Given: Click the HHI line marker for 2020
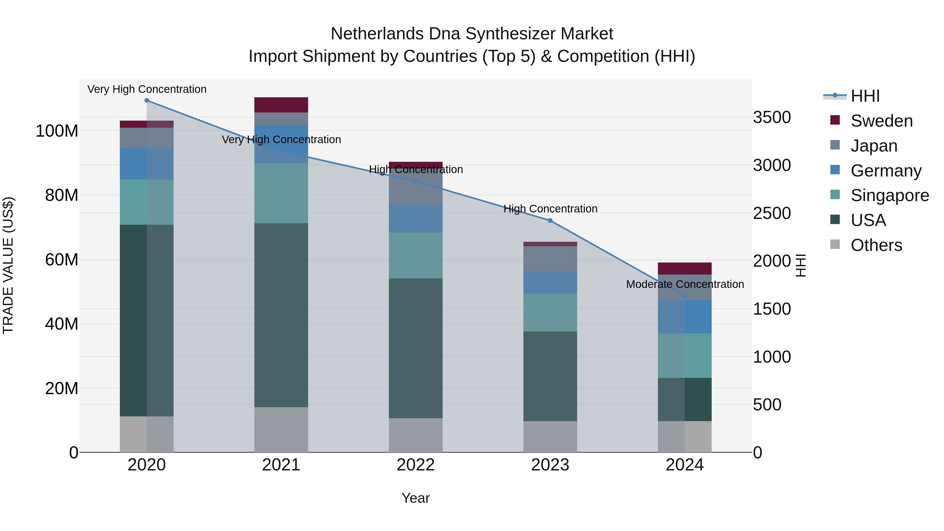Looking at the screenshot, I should click(147, 100).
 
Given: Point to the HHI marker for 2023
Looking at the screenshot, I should click(550, 221).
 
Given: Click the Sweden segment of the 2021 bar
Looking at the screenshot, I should click(281, 105).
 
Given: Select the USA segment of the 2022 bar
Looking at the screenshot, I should click(416, 348).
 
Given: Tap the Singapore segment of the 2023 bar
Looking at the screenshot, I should click(550, 312).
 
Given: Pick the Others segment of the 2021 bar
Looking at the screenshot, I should click(281, 430).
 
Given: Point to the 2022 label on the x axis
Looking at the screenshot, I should click(416, 465).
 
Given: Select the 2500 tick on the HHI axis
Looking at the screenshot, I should click(772, 213).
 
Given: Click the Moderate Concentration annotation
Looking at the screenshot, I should click(685, 284).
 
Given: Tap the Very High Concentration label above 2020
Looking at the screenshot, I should click(147, 89).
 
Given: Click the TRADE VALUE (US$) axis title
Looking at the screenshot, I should click(8, 265).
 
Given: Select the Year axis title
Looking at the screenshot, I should click(416, 498).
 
